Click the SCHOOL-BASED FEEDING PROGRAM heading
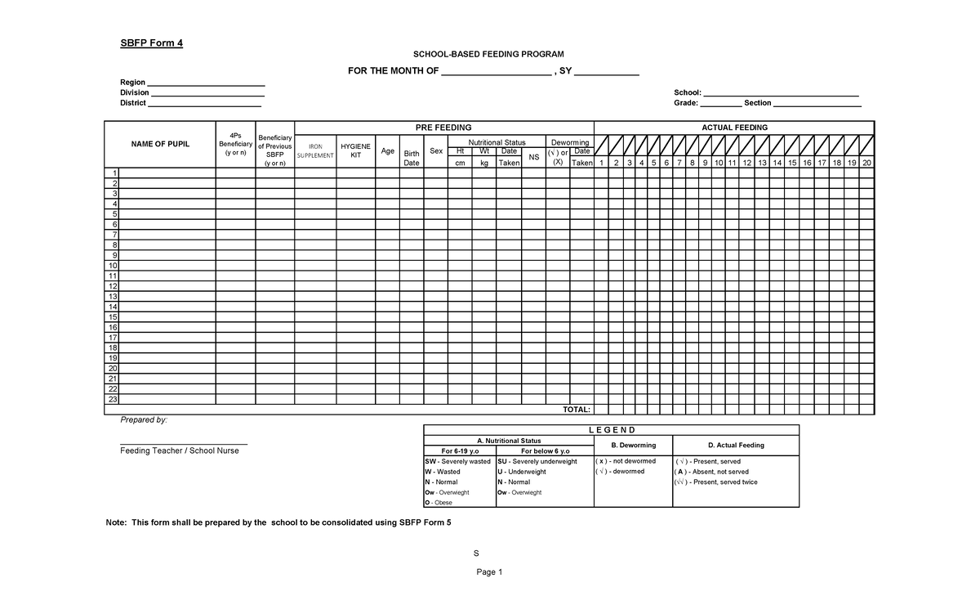(488, 53)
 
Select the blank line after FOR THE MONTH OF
(496, 72)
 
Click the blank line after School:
(781, 93)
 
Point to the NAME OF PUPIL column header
(160, 144)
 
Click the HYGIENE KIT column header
(355, 150)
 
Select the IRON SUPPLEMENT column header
(314, 151)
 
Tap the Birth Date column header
(412, 158)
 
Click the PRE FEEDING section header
(443, 128)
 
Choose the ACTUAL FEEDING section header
(734, 128)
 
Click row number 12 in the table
(113, 286)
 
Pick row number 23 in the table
(113, 400)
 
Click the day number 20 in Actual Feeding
(866, 164)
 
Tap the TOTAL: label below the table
(577, 410)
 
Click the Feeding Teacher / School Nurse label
(180, 450)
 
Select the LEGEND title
(611, 431)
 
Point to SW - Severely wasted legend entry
(457, 461)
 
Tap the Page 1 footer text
(489, 572)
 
